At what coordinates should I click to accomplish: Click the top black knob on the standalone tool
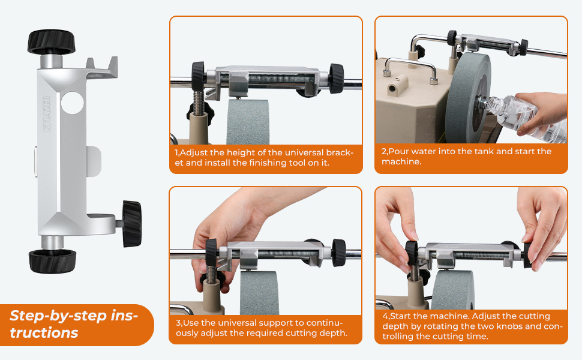click(x=51, y=42)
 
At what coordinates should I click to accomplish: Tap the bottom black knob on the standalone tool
click(x=52, y=261)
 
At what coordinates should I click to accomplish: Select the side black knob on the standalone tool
click(x=132, y=224)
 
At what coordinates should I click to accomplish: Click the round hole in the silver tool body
click(x=73, y=103)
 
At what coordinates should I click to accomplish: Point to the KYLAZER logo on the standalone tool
click(x=47, y=113)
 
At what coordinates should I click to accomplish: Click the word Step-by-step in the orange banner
click(x=58, y=316)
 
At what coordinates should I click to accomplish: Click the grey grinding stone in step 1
click(x=248, y=122)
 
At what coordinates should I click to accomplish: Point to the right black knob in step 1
click(x=336, y=79)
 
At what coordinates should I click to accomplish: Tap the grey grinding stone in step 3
click(x=259, y=293)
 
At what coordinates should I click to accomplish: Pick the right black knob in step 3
click(x=339, y=253)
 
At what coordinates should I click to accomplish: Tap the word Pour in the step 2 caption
click(x=398, y=151)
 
